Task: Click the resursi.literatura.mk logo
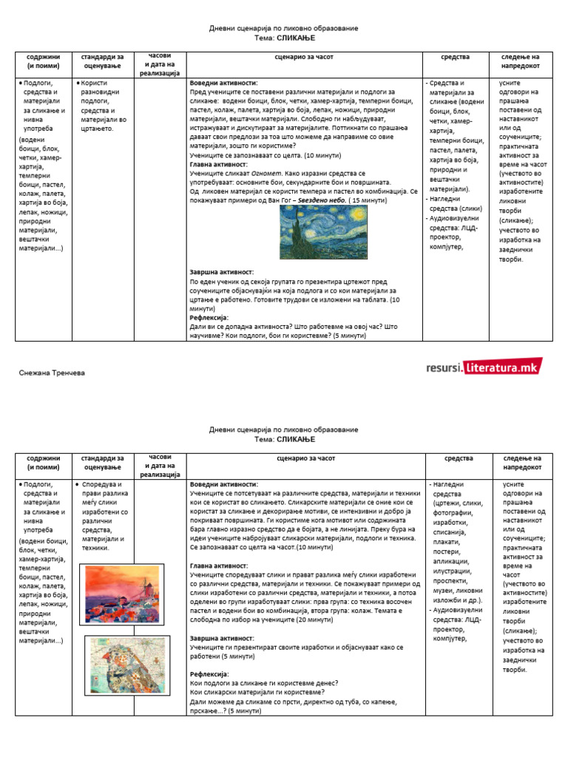484,367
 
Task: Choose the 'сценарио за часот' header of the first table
305,56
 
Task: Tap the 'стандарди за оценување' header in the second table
103,463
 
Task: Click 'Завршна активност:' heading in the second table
222,638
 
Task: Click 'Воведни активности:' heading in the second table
224,483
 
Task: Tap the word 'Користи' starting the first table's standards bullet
95,84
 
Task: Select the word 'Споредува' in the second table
99,484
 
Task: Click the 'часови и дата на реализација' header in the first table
160,64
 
